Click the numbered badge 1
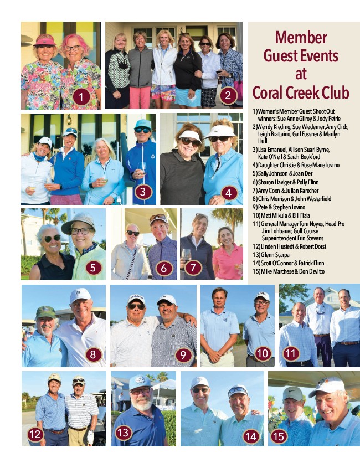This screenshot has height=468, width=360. pyautogui.click(x=81, y=96)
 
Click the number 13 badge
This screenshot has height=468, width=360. pyautogui.click(x=124, y=433)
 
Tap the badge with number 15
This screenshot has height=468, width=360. pyautogui.click(x=279, y=436)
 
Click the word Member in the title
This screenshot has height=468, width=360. pyautogui.click(x=301, y=38)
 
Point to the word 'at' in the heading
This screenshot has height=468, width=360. pyautogui.click(x=301, y=74)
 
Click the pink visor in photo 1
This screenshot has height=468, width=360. pyautogui.click(x=45, y=40)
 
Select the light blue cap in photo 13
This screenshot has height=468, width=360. pyautogui.click(x=140, y=382)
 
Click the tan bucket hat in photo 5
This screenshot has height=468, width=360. pyautogui.click(x=79, y=221)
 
